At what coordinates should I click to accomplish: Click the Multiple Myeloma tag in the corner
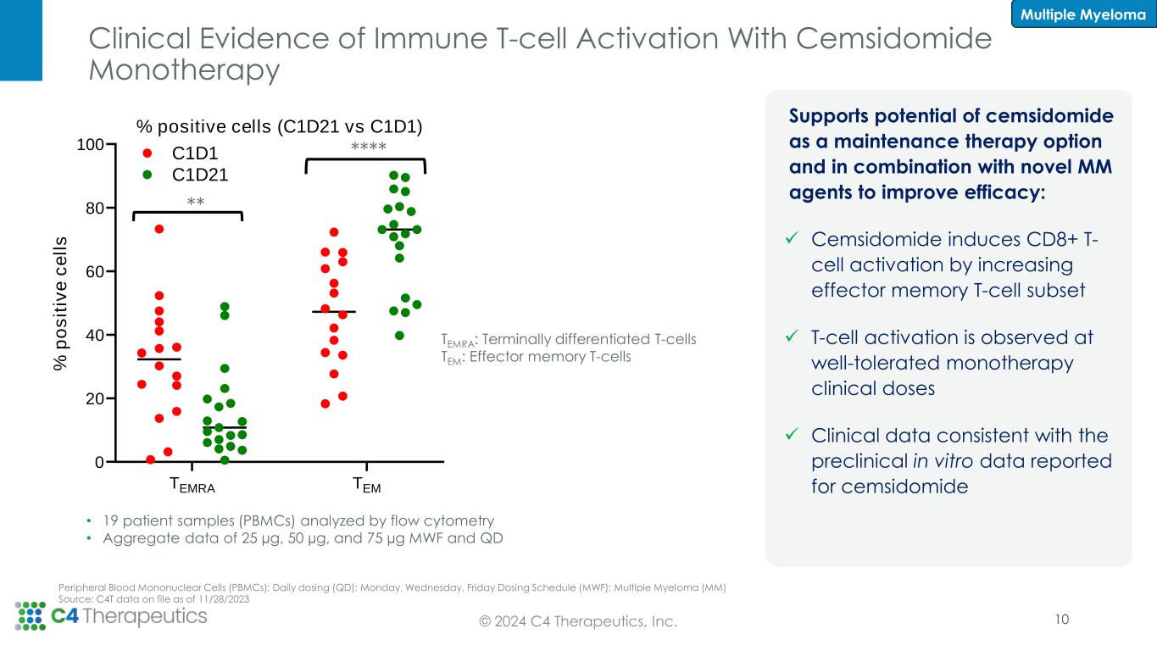1083,14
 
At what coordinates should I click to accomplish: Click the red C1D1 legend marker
147,154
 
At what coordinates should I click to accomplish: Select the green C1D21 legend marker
147,175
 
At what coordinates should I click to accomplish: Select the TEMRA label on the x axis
192,486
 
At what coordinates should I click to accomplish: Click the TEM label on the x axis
366,486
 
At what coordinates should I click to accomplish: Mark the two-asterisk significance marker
197,202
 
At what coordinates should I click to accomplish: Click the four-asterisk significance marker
369,148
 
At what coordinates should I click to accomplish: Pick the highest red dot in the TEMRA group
159,229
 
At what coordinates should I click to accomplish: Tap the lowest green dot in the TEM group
399,335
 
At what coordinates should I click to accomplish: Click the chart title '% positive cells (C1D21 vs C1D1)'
279,126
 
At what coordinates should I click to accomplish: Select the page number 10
1061,620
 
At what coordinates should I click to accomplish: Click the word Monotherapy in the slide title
184,71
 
